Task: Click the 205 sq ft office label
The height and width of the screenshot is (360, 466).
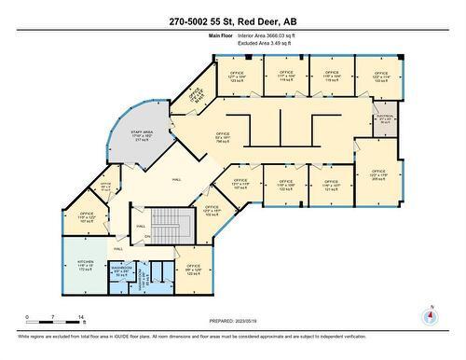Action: tap(377, 174)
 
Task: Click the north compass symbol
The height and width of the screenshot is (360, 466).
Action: tap(428, 314)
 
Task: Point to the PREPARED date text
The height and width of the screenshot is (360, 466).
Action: tap(232, 319)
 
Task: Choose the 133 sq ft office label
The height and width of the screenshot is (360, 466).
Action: tap(380, 77)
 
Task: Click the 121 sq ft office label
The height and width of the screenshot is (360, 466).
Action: tap(331, 186)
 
